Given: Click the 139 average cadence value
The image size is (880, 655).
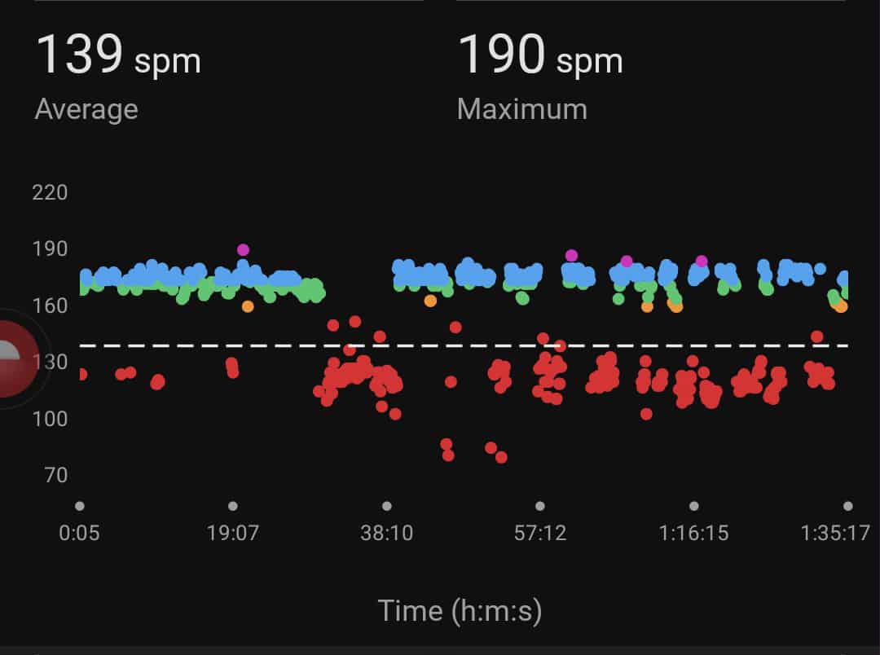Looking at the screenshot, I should pyautogui.click(x=79, y=55).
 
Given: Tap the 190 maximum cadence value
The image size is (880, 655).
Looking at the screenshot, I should pyautogui.click(x=501, y=55).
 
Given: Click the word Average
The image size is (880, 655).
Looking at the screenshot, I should pyautogui.click(x=86, y=109).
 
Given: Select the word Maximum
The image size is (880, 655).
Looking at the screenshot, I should pyautogui.click(x=522, y=109).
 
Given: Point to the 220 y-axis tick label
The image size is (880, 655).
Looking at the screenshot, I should pyautogui.click(x=50, y=193).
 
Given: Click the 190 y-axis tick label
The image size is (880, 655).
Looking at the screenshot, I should pyautogui.click(x=50, y=249).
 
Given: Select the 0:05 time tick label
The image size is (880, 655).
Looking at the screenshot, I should pyautogui.click(x=79, y=534).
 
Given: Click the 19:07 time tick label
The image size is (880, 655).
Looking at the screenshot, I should pyautogui.click(x=233, y=534).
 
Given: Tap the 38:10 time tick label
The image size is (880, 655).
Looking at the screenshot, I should pyautogui.click(x=386, y=534).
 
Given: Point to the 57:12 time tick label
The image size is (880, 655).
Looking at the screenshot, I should pyautogui.click(x=539, y=534).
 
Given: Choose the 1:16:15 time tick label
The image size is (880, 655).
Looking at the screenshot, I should pyautogui.click(x=693, y=534).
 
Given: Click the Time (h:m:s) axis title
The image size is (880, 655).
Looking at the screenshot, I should pyautogui.click(x=460, y=610).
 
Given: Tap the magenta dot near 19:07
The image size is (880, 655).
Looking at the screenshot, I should pyautogui.click(x=243, y=250).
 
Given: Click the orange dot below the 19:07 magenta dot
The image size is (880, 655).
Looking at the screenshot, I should pyautogui.click(x=248, y=306).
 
